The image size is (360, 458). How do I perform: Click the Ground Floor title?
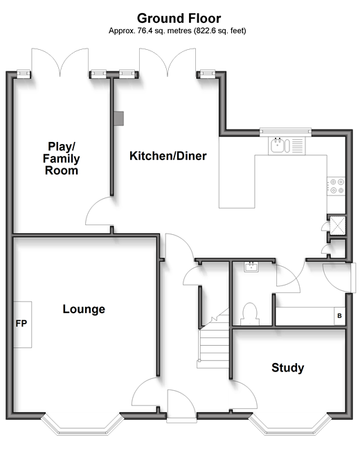(x=179, y=19)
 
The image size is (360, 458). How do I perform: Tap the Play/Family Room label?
(x=61, y=159)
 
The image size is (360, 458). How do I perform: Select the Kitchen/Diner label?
(x=168, y=156)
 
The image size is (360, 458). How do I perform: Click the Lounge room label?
(x=84, y=309)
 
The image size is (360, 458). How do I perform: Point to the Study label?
(x=287, y=368)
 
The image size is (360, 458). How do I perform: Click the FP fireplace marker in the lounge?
(x=21, y=324)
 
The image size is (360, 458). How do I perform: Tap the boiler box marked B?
(x=340, y=316)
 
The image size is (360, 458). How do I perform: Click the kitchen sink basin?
(x=277, y=146)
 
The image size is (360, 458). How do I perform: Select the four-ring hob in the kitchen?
(x=336, y=186)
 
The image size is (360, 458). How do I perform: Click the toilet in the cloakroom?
(x=250, y=314)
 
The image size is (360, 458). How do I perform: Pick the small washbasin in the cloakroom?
(x=251, y=267)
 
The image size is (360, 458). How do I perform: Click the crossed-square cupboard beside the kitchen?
(x=338, y=225)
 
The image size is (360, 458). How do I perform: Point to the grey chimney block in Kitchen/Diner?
(x=119, y=118)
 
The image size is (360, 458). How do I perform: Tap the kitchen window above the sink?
(x=286, y=132)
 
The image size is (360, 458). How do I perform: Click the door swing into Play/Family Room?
(x=98, y=211)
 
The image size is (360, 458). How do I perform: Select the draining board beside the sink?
(x=298, y=146)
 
